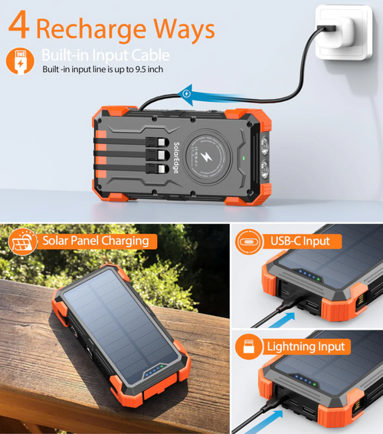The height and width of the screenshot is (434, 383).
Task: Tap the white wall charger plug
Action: pos(340,34)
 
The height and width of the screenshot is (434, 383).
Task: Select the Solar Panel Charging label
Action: pos(95,241)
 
